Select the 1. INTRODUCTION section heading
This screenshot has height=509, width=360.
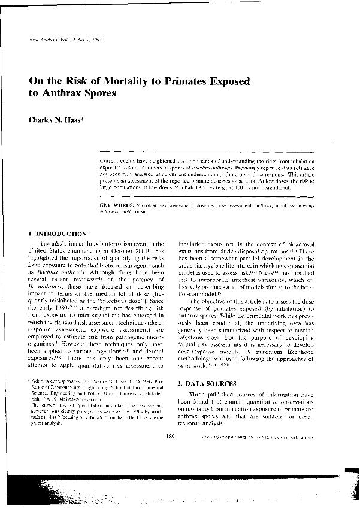(x=58, y=232)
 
